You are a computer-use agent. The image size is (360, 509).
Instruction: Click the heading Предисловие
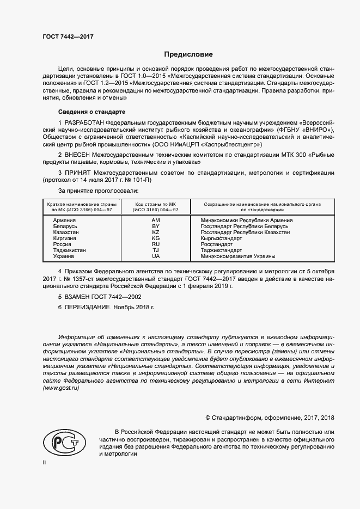click(x=189, y=54)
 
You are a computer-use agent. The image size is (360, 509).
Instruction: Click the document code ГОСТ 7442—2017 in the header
click(x=68, y=36)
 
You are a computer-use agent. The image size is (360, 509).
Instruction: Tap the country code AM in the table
click(x=156, y=220)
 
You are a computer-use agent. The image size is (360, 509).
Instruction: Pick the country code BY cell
click(x=156, y=226)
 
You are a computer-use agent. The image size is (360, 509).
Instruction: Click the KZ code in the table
click(x=156, y=232)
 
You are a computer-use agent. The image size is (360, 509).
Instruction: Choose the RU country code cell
click(x=156, y=244)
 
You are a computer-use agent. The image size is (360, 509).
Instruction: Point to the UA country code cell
click(x=156, y=256)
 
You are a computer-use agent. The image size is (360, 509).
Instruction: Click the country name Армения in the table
click(x=64, y=220)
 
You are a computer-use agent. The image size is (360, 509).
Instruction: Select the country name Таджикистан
click(x=69, y=250)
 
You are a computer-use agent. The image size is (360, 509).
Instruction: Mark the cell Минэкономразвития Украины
click(x=237, y=256)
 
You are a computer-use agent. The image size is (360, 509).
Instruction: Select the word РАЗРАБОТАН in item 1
click(x=85, y=124)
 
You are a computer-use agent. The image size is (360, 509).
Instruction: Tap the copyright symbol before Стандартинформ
click(x=208, y=418)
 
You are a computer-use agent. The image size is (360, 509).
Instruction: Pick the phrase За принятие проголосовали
click(x=98, y=191)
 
